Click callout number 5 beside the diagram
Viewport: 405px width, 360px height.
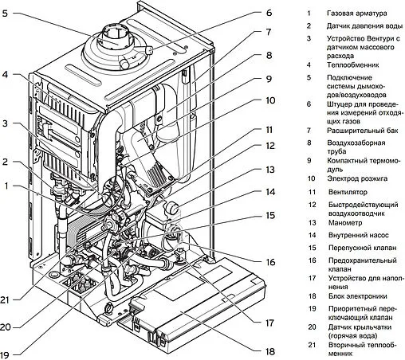tap(6, 14)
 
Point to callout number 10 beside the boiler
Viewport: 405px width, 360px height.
tap(269, 101)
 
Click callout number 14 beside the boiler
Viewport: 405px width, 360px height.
tap(269, 192)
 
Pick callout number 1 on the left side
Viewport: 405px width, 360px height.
tap(7, 187)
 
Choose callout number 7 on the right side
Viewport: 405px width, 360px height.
tap(269, 33)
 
